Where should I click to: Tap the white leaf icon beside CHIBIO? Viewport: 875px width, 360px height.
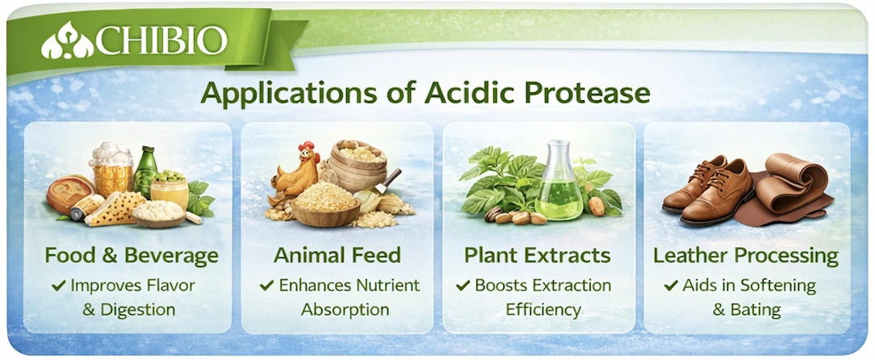[x=67, y=40]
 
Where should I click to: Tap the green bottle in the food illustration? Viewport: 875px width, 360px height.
[x=146, y=172]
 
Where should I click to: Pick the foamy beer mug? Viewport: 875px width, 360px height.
[x=111, y=170]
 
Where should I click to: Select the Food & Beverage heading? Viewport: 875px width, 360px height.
[x=131, y=256]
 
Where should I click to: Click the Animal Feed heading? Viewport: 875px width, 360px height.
[x=337, y=256]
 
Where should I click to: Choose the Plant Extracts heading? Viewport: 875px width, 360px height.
[x=538, y=256]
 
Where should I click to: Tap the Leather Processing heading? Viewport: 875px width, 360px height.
[x=746, y=256]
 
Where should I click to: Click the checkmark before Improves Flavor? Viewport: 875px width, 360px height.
[x=59, y=286]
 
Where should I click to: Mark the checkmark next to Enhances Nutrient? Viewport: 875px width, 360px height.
[x=266, y=286]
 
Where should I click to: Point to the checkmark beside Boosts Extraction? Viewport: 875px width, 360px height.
[x=463, y=286]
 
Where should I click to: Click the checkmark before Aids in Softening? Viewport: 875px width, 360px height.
[x=672, y=286]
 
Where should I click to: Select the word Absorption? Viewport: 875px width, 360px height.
[x=345, y=310]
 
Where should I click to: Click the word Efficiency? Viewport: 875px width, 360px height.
[x=543, y=310]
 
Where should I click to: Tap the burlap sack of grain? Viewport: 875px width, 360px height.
[x=357, y=165]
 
